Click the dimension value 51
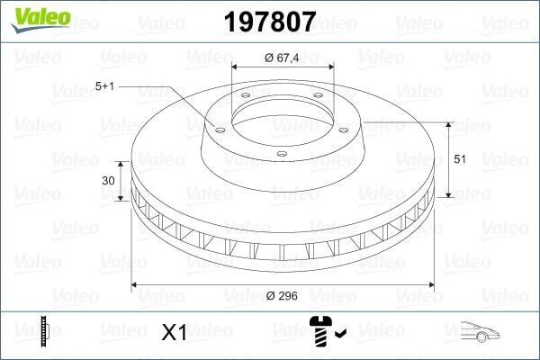point(459,159)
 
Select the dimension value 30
point(109,180)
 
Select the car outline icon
point(479,332)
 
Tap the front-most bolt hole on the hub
point(281,153)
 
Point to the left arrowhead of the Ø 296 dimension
point(136,285)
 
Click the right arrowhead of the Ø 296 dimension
point(429,285)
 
